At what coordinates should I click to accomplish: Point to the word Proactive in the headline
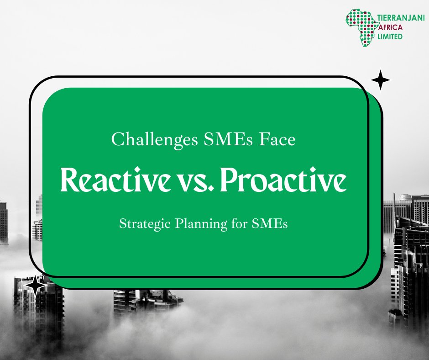pos(286,181)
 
